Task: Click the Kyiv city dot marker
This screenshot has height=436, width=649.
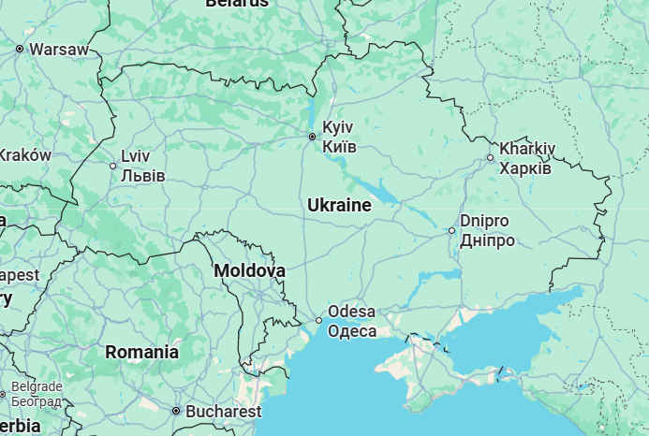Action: click(x=313, y=137)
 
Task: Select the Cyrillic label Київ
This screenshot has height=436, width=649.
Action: click(x=339, y=146)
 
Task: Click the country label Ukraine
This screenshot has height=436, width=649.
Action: click(x=339, y=205)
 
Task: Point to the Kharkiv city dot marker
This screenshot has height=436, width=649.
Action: click(x=490, y=157)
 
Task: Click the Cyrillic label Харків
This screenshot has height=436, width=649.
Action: click(x=525, y=168)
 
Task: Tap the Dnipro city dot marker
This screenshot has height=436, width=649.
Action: click(x=451, y=230)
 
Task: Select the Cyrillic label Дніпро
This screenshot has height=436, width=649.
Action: click(x=487, y=240)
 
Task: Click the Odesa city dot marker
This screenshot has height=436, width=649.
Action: click(x=319, y=321)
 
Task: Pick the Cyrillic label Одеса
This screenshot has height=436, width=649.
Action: click(x=353, y=331)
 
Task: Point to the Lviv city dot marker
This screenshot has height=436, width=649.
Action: click(x=113, y=166)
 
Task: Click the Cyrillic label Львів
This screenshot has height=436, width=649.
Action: click(x=143, y=176)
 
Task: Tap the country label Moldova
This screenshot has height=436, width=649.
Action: click(x=249, y=270)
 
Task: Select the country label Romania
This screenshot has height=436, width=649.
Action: click(x=141, y=353)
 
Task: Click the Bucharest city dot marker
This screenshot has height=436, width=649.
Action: click(x=175, y=411)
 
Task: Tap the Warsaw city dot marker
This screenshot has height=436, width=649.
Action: click(x=19, y=49)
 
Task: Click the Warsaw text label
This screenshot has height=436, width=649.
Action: click(x=58, y=49)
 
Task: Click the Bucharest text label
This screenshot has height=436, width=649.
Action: click(x=223, y=411)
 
